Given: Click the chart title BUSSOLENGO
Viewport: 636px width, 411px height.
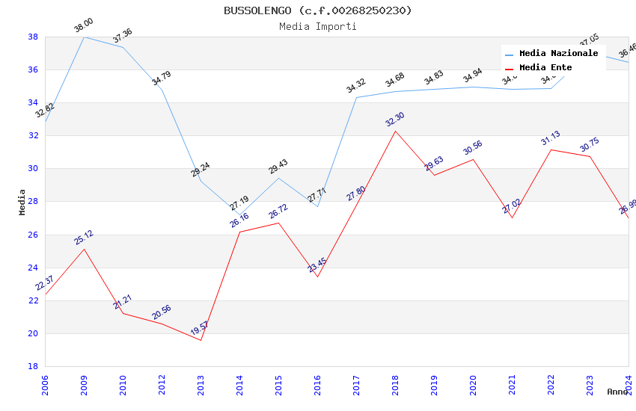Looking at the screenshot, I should (317, 10).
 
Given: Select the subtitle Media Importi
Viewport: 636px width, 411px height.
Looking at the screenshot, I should (317, 27).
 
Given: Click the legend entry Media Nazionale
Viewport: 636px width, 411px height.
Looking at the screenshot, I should (558, 54).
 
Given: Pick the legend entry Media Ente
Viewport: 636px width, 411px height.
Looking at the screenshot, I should (545, 67).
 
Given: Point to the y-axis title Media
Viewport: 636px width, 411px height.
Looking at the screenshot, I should (22, 202).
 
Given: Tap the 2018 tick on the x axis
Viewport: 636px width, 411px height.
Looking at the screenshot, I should (395, 386).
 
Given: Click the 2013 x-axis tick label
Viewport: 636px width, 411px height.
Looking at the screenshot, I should (201, 386).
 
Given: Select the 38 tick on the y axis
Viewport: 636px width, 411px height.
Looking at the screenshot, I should (33, 37).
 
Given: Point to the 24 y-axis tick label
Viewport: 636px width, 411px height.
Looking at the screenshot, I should (33, 268).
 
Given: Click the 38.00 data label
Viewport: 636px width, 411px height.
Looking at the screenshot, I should (83, 27).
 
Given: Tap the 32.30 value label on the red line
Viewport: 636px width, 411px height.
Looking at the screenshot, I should (394, 120).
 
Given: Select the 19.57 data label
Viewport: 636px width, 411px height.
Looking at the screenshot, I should (199, 327).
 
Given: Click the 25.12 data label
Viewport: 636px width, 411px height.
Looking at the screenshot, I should (84, 238).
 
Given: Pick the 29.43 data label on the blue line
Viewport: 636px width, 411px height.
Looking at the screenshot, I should (278, 167).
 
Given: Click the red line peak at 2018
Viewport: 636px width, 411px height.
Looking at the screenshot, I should (395, 131).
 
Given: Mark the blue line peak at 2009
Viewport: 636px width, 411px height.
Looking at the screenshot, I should (84, 37).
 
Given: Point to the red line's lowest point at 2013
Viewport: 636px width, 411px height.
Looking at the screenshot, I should (201, 341).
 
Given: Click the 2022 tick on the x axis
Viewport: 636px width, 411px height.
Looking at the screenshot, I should (551, 386).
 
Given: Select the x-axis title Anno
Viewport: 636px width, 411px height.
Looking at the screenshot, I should (617, 392).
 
